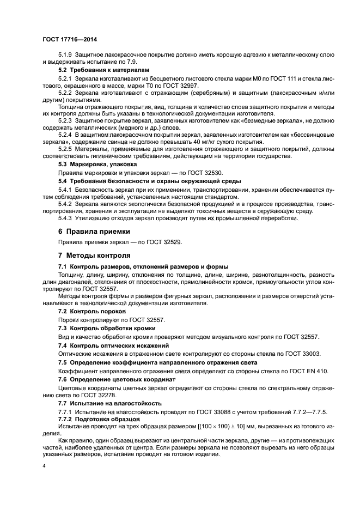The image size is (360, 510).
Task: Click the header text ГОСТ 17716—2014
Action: [70, 39]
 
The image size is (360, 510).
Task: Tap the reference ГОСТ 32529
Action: [164, 242]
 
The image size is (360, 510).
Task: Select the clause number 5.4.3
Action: [66, 218]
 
